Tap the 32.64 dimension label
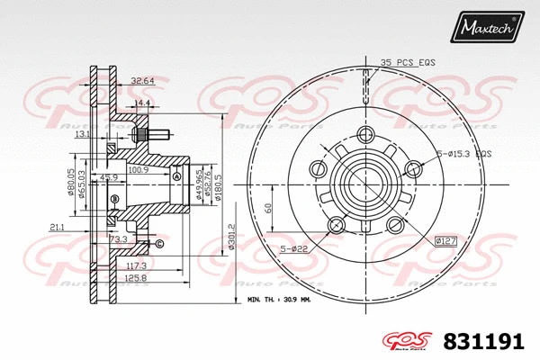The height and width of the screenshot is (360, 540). (141, 80)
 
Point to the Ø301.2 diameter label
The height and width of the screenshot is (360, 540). (231, 238)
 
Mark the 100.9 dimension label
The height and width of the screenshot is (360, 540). (139, 168)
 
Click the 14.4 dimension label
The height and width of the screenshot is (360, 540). (141, 103)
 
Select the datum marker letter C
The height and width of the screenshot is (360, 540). (160, 244)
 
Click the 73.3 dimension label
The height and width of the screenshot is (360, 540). (118, 240)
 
